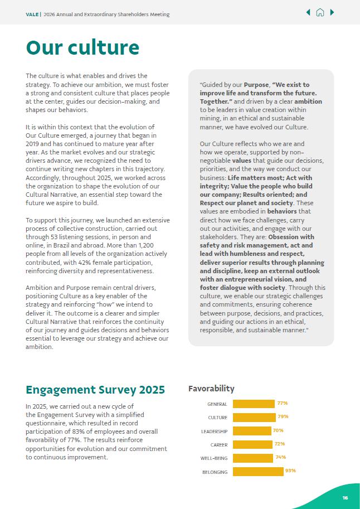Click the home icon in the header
(x=320, y=13)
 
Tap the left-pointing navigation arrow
(x=308, y=13)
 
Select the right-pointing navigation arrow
(x=332, y=13)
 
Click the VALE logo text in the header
(x=32, y=14)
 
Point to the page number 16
(x=345, y=498)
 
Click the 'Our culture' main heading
(x=82, y=47)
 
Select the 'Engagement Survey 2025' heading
(x=95, y=390)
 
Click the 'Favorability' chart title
(x=211, y=389)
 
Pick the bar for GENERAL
(x=254, y=404)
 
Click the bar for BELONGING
(x=258, y=472)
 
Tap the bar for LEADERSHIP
(x=252, y=431)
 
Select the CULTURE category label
(x=217, y=418)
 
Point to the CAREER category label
(x=218, y=445)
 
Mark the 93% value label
(x=290, y=471)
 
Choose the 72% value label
(x=280, y=444)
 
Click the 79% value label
(x=283, y=416)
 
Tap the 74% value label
(x=280, y=457)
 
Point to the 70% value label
(x=278, y=430)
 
